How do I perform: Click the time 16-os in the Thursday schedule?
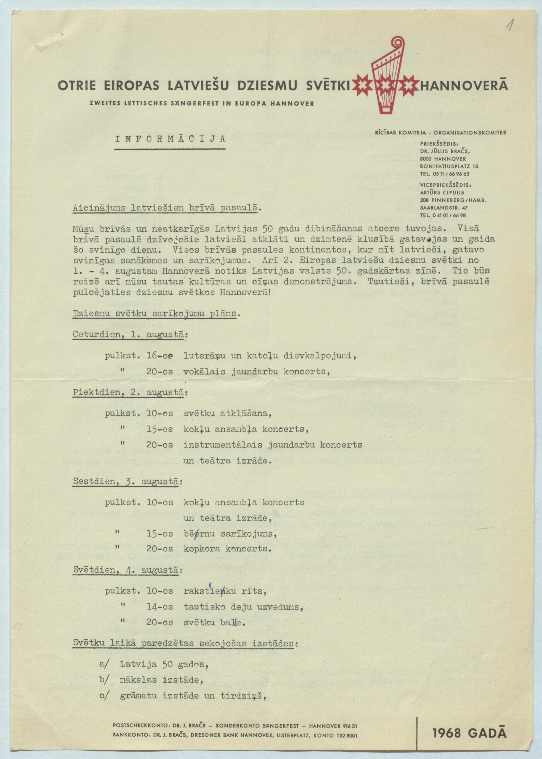160,356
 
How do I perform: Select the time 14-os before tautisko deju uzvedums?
160,607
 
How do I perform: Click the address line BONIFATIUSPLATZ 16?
449,166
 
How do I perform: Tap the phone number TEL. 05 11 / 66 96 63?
445,174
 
